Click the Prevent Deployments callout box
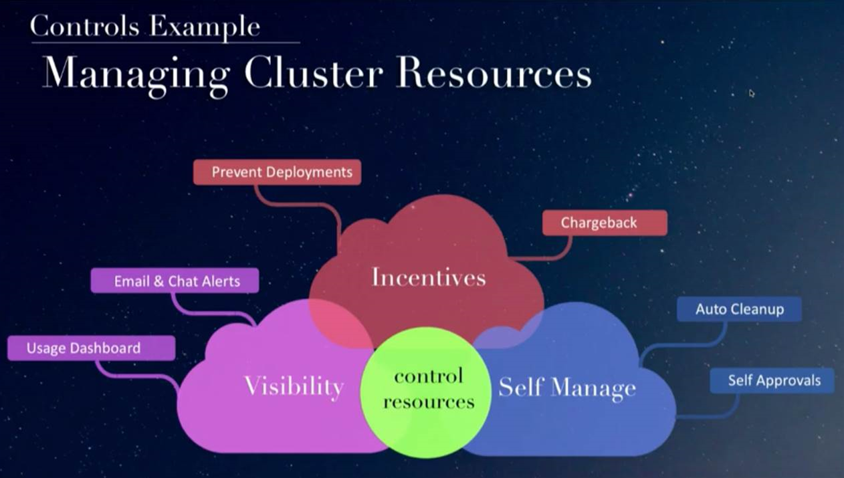(277, 172)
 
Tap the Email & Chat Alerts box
(175, 281)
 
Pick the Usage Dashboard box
(91, 348)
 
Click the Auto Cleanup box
(739, 310)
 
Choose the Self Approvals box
(772, 380)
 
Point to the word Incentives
(429, 277)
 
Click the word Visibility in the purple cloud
(294, 386)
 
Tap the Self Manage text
(566, 388)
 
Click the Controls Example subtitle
(144, 27)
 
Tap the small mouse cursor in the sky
(752, 94)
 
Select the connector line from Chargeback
(548, 256)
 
